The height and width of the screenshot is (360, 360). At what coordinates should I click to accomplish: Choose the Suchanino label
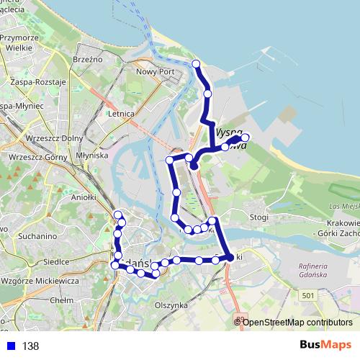38,235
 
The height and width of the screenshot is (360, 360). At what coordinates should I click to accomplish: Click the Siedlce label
55,262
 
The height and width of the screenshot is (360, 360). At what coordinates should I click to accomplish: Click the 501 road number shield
308,294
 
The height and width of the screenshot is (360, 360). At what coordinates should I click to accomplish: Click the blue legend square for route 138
9,346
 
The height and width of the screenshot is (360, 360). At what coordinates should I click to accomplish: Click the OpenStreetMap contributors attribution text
297,322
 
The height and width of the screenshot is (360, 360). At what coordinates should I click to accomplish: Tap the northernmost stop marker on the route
197,64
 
